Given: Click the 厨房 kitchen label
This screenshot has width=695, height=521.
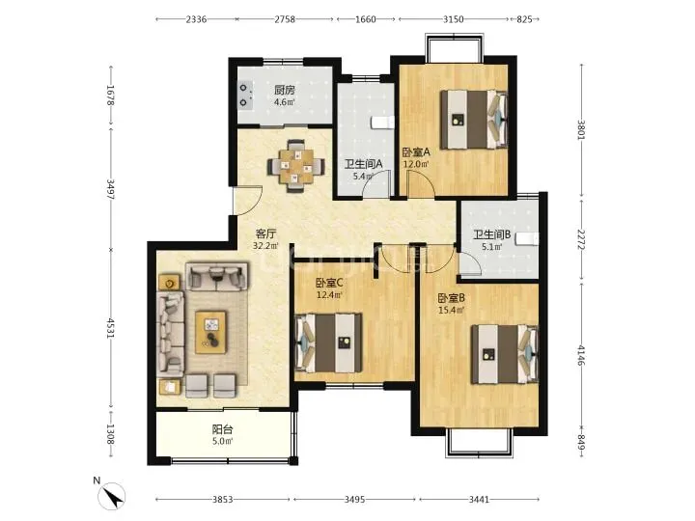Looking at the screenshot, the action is pos(285,90).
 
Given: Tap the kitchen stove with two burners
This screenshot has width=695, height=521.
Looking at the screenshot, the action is pos(245,95).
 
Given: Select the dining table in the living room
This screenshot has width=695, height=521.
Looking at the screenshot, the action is pos(295,166).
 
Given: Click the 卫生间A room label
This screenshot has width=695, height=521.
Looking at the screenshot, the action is pos(364,164).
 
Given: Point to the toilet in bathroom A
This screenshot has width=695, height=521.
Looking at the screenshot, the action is pos(383,123).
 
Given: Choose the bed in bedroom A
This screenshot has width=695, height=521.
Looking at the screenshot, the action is pos(473,120).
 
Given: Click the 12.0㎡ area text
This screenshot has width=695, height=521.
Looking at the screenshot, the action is pos(415,164).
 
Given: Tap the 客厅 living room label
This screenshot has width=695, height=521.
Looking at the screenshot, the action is pos(266,233).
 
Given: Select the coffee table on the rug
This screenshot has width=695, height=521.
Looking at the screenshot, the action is pos(211,332).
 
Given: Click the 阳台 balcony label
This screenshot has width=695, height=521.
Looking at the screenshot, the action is pos(223,429).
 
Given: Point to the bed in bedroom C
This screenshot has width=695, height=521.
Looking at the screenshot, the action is pos(328,343).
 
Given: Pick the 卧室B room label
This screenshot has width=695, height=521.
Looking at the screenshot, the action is pos(451,298).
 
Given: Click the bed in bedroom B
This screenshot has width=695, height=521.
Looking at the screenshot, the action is pos(505,354).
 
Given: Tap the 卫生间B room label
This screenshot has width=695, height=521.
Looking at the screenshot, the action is pos(492,234).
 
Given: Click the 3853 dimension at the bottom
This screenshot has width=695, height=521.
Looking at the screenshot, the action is pos(223,500).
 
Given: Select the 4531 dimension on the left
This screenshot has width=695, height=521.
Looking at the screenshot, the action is pos(110,328).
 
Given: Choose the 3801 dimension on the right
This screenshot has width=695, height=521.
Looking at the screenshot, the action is pos(581,130).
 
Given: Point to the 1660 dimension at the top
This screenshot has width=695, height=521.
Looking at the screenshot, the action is pos(366,19).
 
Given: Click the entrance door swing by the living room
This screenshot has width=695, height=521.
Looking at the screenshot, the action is pos(249,201).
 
